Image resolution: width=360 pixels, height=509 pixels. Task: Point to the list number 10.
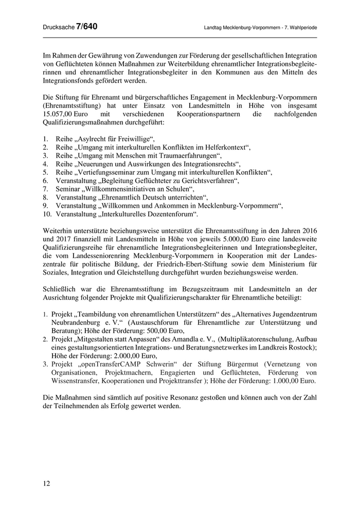[x=46, y=214]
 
